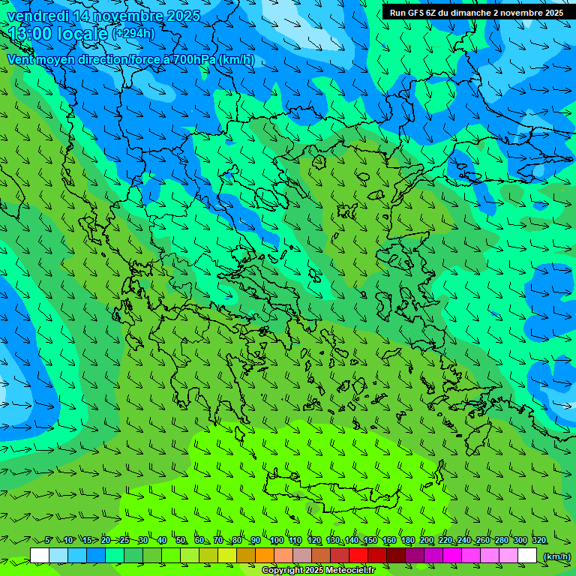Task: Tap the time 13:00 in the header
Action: click(x=31, y=34)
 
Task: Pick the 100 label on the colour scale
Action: click(x=276, y=541)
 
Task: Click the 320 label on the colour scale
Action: click(x=539, y=541)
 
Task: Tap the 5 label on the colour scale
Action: click(x=48, y=541)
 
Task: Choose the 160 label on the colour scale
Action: click(x=388, y=541)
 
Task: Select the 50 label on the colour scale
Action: click(x=181, y=541)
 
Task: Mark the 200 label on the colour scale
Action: click(x=427, y=541)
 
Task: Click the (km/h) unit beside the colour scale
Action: click(x=556, y=556)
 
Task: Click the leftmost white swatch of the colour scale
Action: click(x=40, y=556)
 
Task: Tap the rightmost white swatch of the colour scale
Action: click(x=527, y=556)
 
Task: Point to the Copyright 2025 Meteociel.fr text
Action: click(x=318, y=570)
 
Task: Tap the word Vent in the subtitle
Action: click(x=21, y=59)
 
